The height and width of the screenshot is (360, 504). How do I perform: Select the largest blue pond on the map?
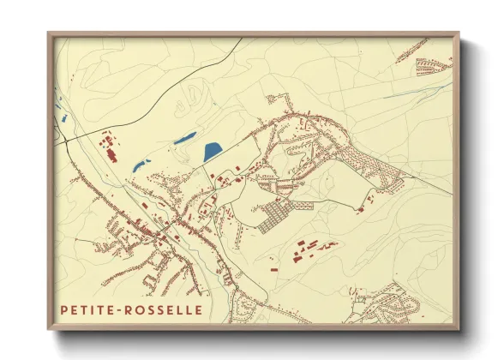click(x=211, y=153)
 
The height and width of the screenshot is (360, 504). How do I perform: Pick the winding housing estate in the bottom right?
click(x=390, y=304)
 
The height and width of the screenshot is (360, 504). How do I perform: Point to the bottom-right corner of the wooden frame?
click(x=459, y=330)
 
